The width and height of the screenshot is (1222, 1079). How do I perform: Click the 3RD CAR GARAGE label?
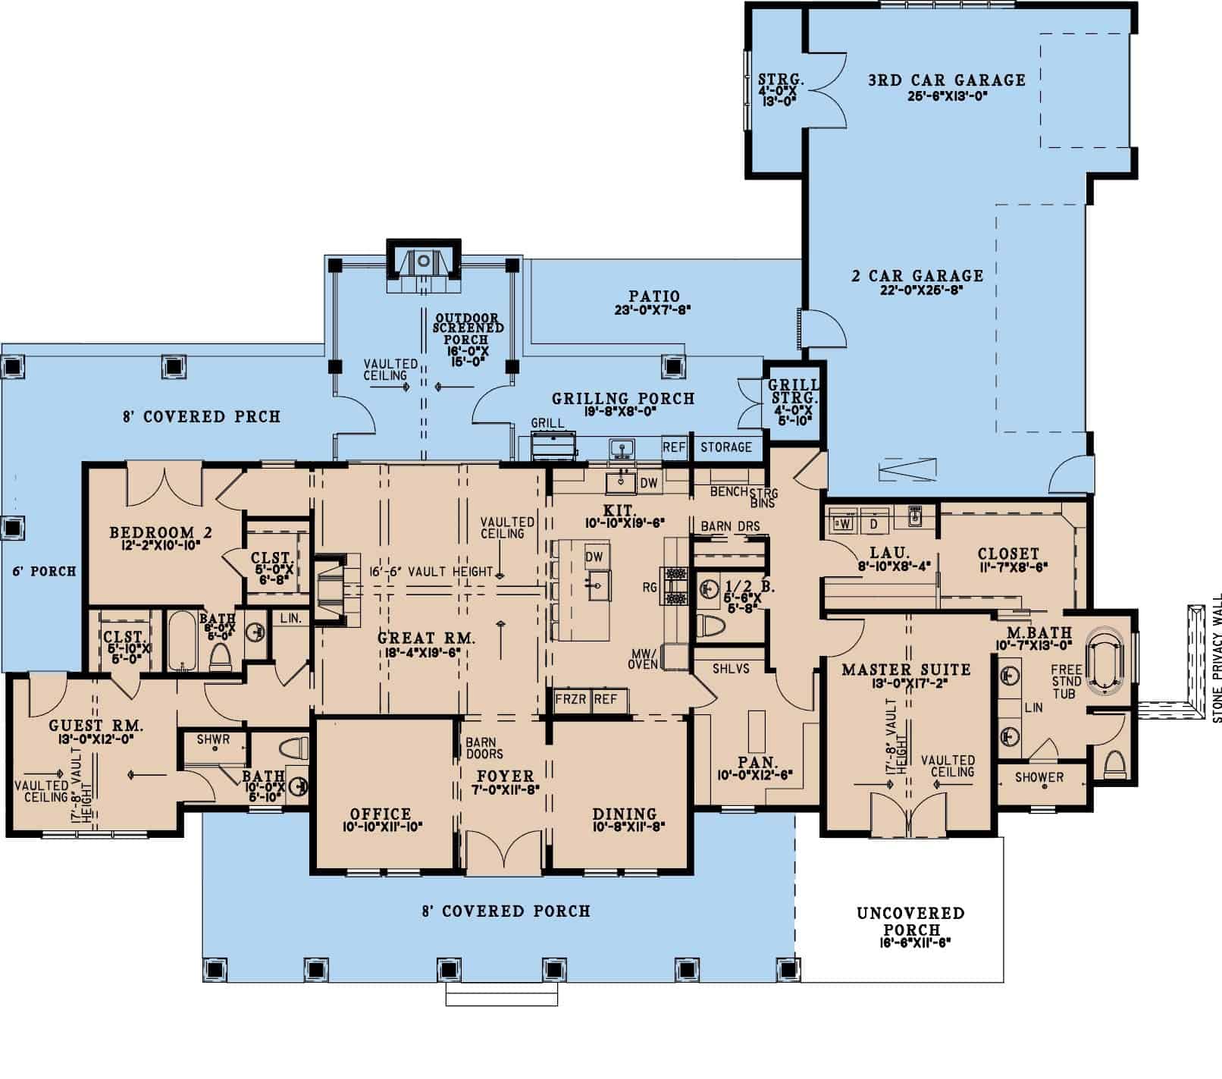[947, 80]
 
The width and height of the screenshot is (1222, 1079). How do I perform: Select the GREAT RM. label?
[426, 639]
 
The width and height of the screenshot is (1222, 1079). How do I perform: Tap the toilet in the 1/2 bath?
[711, 627]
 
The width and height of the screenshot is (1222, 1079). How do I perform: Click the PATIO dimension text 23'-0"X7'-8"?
[653, 309]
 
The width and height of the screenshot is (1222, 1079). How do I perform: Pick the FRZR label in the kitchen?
[571, 699]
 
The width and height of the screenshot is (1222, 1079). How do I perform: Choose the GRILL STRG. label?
[794, 391]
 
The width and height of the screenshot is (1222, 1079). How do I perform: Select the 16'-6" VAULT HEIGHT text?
[431, 572]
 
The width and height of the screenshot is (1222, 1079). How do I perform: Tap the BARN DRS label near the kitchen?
[730, 526]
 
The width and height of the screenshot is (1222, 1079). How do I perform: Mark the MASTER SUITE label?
[906, 670]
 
